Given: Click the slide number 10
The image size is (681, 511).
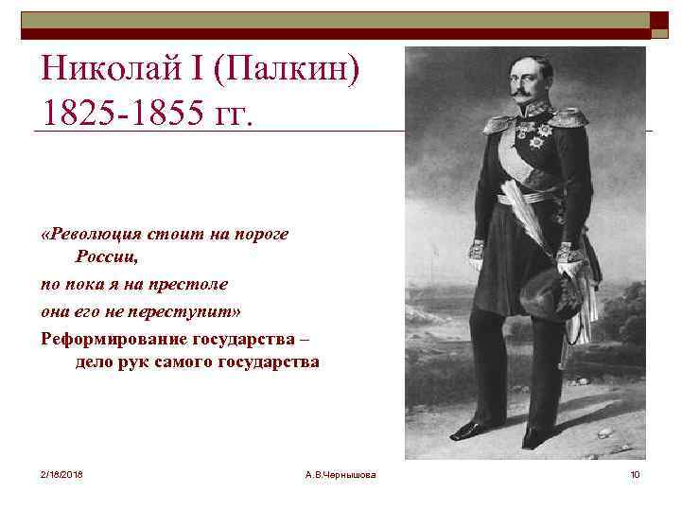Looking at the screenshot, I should [x=635, y=473].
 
